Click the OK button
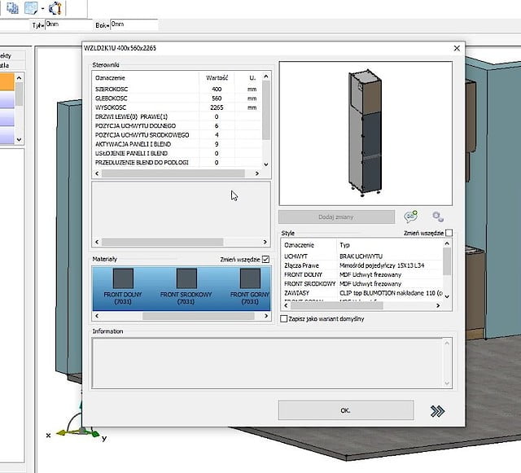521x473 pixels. coord(345,410)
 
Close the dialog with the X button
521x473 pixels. coord(456,49)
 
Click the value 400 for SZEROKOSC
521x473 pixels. coord(217,89)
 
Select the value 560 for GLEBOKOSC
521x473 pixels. coord(217,98)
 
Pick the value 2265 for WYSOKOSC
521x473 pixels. coord(217,107)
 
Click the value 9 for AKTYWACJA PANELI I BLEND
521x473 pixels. coord(217,144)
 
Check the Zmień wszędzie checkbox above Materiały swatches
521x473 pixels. coord(265,259)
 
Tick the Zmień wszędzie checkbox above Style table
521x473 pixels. coord(449,233)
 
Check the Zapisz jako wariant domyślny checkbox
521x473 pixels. coord(283,319)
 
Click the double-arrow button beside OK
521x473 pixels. coord(437,411)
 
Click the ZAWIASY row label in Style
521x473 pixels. coord(296,293)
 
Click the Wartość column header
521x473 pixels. coord(217,77)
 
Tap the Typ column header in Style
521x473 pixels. coord(344,244)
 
